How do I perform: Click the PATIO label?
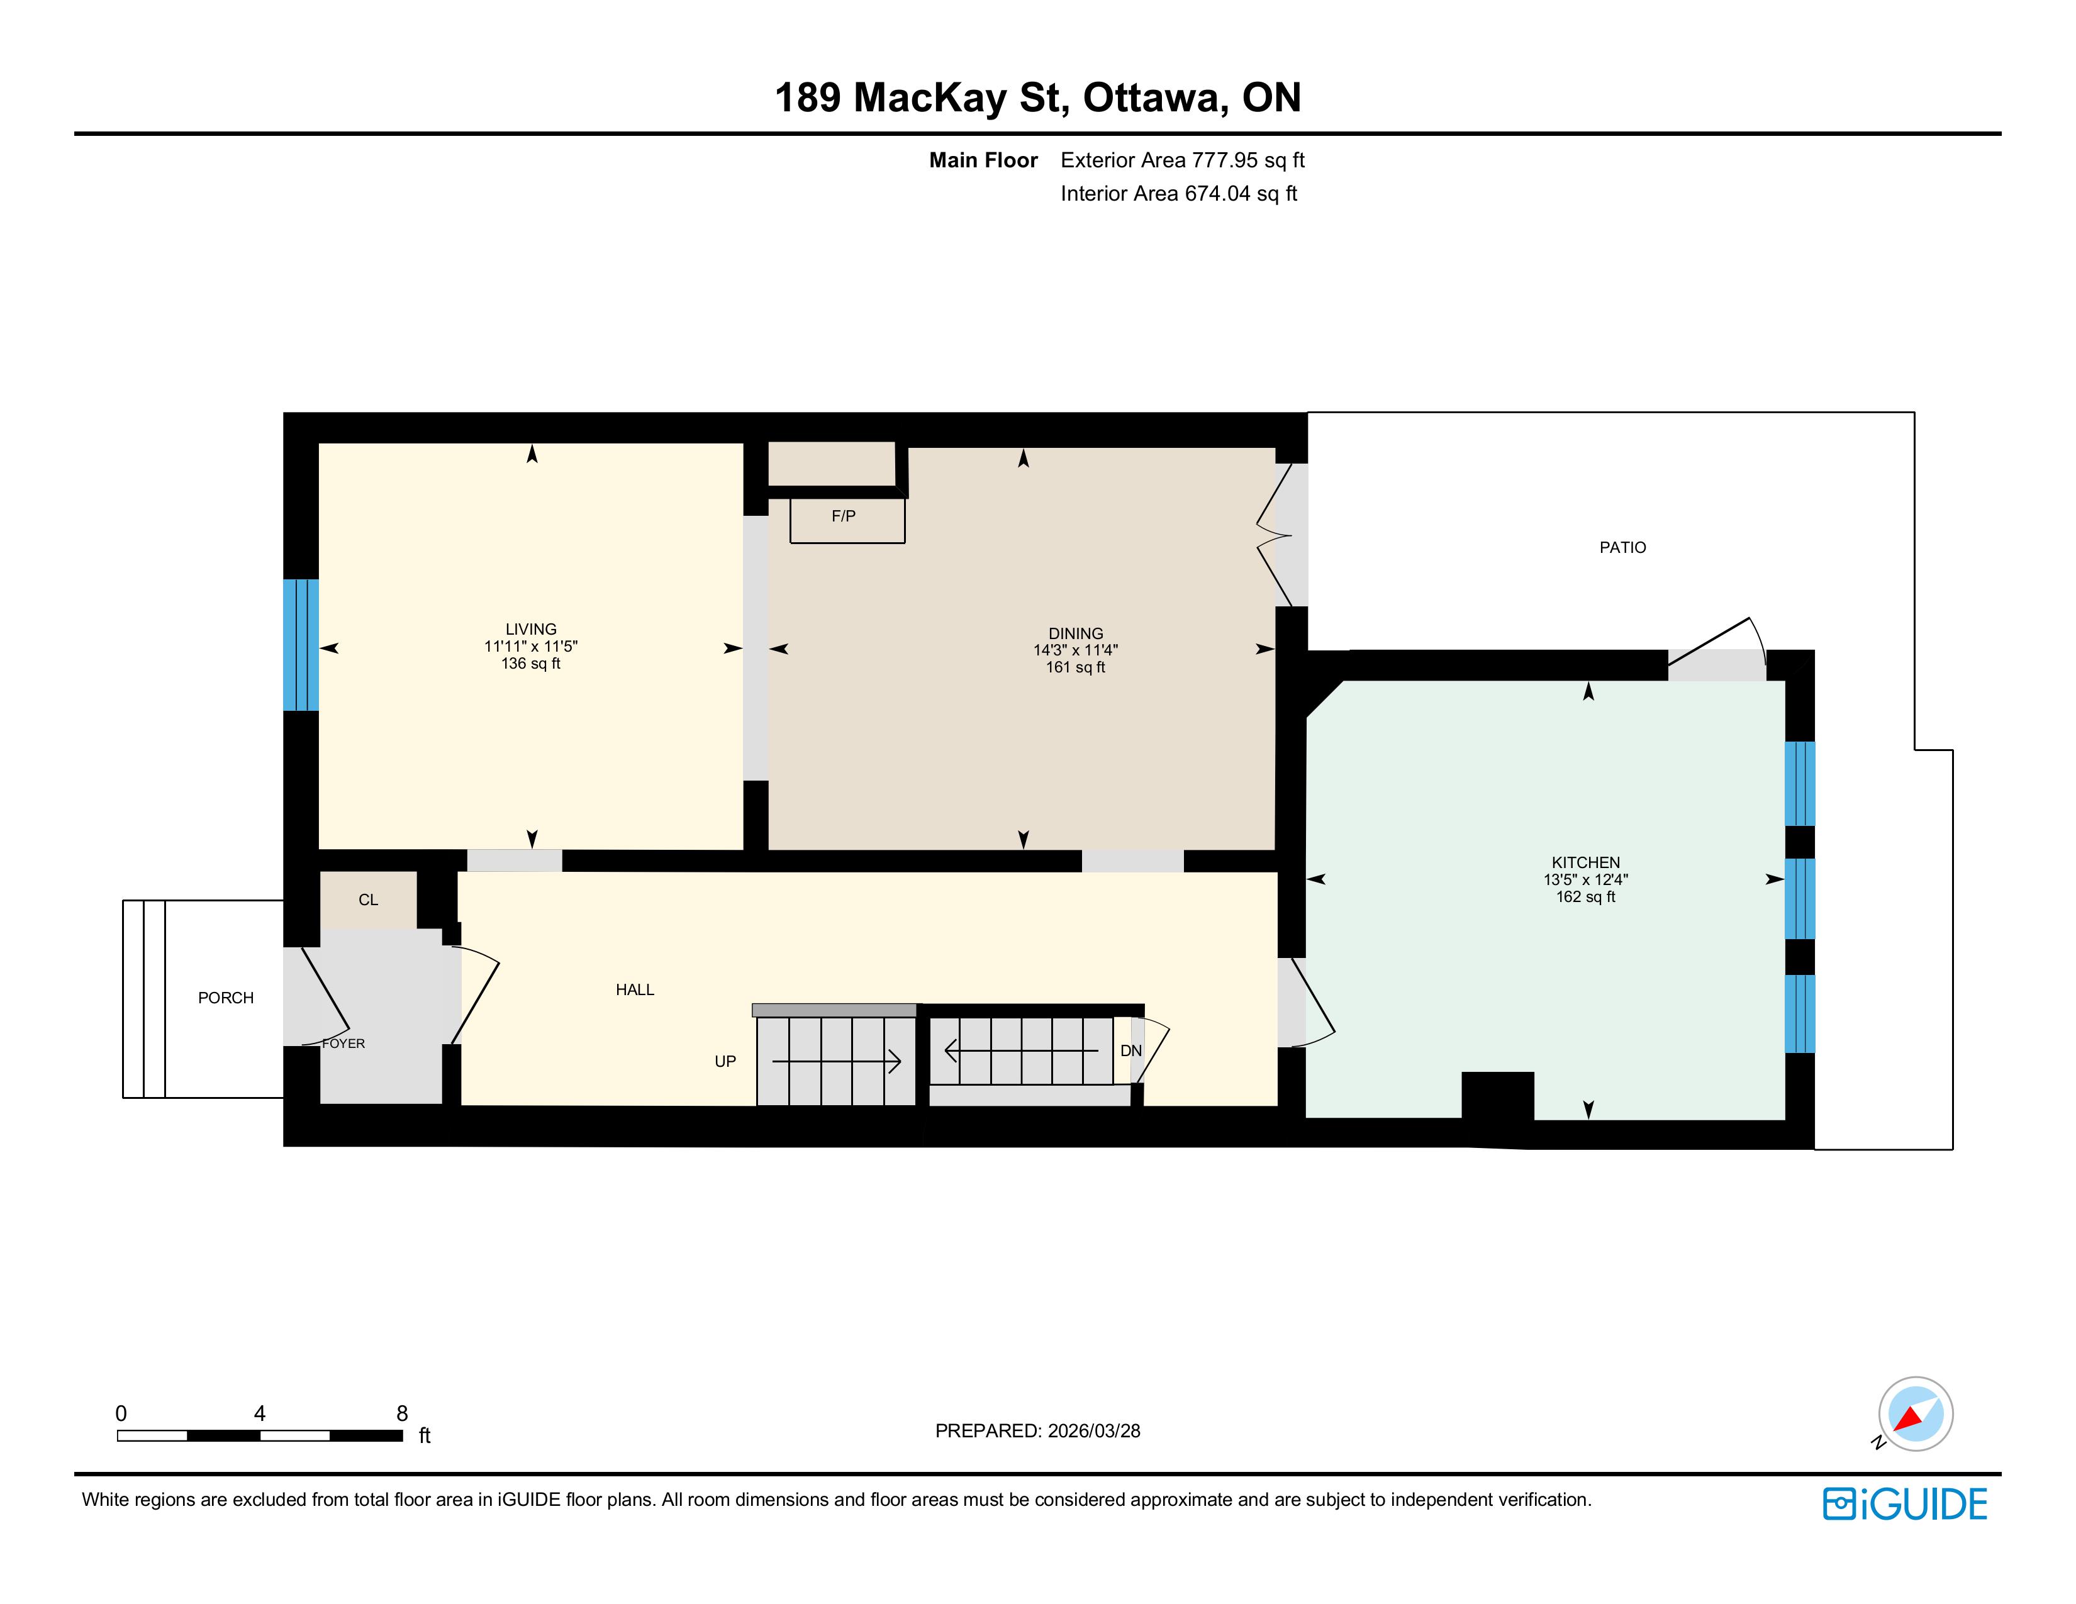pyautogui.click(x=1622, y=547)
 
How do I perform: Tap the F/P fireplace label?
pyautogui.click(x=843, y=516)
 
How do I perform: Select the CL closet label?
pyautogui.click(x=368, y=900)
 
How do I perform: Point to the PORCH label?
pyautogui.click(x=225, y=998)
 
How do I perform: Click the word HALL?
pyautogui.click(x=635, y=990)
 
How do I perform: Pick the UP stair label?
pyautogui.click(x=725, y=1061)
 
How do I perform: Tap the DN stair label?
pyautogui.click(x=1131, y=1051)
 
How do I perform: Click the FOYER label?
pyautogui.click(x=343, y=1044)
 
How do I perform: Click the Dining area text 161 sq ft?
pyautogui.click(x=1076, y=667)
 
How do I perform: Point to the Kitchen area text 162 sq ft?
pyautogui.click(x=1585, y=896)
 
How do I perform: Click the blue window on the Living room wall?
pyautogui.click(x=300, y=645)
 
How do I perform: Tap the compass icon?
pyautogui.click(x=1916, y=1414)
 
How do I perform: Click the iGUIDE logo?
pyautogui.click(x=1905, y=1504)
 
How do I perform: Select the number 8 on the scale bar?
pyautogui.click(x=402, y=1414)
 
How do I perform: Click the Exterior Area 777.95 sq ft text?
pyautogui.click(x=1183, y=160)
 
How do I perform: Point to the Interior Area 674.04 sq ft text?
pyautogui.click(x=1179, y=194)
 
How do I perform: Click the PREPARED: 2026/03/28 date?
pyautogui.click(x=1038, y=1431)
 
